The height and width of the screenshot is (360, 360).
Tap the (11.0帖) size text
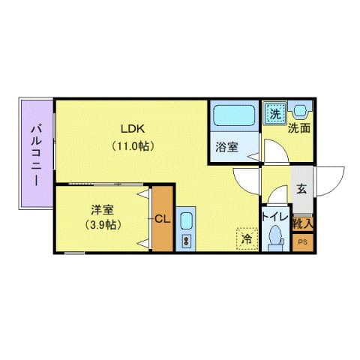(x=133, y=145)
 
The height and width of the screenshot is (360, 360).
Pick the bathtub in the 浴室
(x=233, y=116)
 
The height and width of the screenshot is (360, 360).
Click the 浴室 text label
(x=227, y=147)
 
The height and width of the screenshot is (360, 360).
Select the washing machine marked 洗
(x=275, y=114)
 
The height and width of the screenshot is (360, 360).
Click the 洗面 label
(x=299, y=127)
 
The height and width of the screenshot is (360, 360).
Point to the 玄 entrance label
(x=301, y=190)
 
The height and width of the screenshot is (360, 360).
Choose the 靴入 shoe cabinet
(x=303, y=223)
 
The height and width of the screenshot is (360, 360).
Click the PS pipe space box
(x=303, y=242)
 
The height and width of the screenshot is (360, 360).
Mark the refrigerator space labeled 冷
(x=246, y=239)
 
